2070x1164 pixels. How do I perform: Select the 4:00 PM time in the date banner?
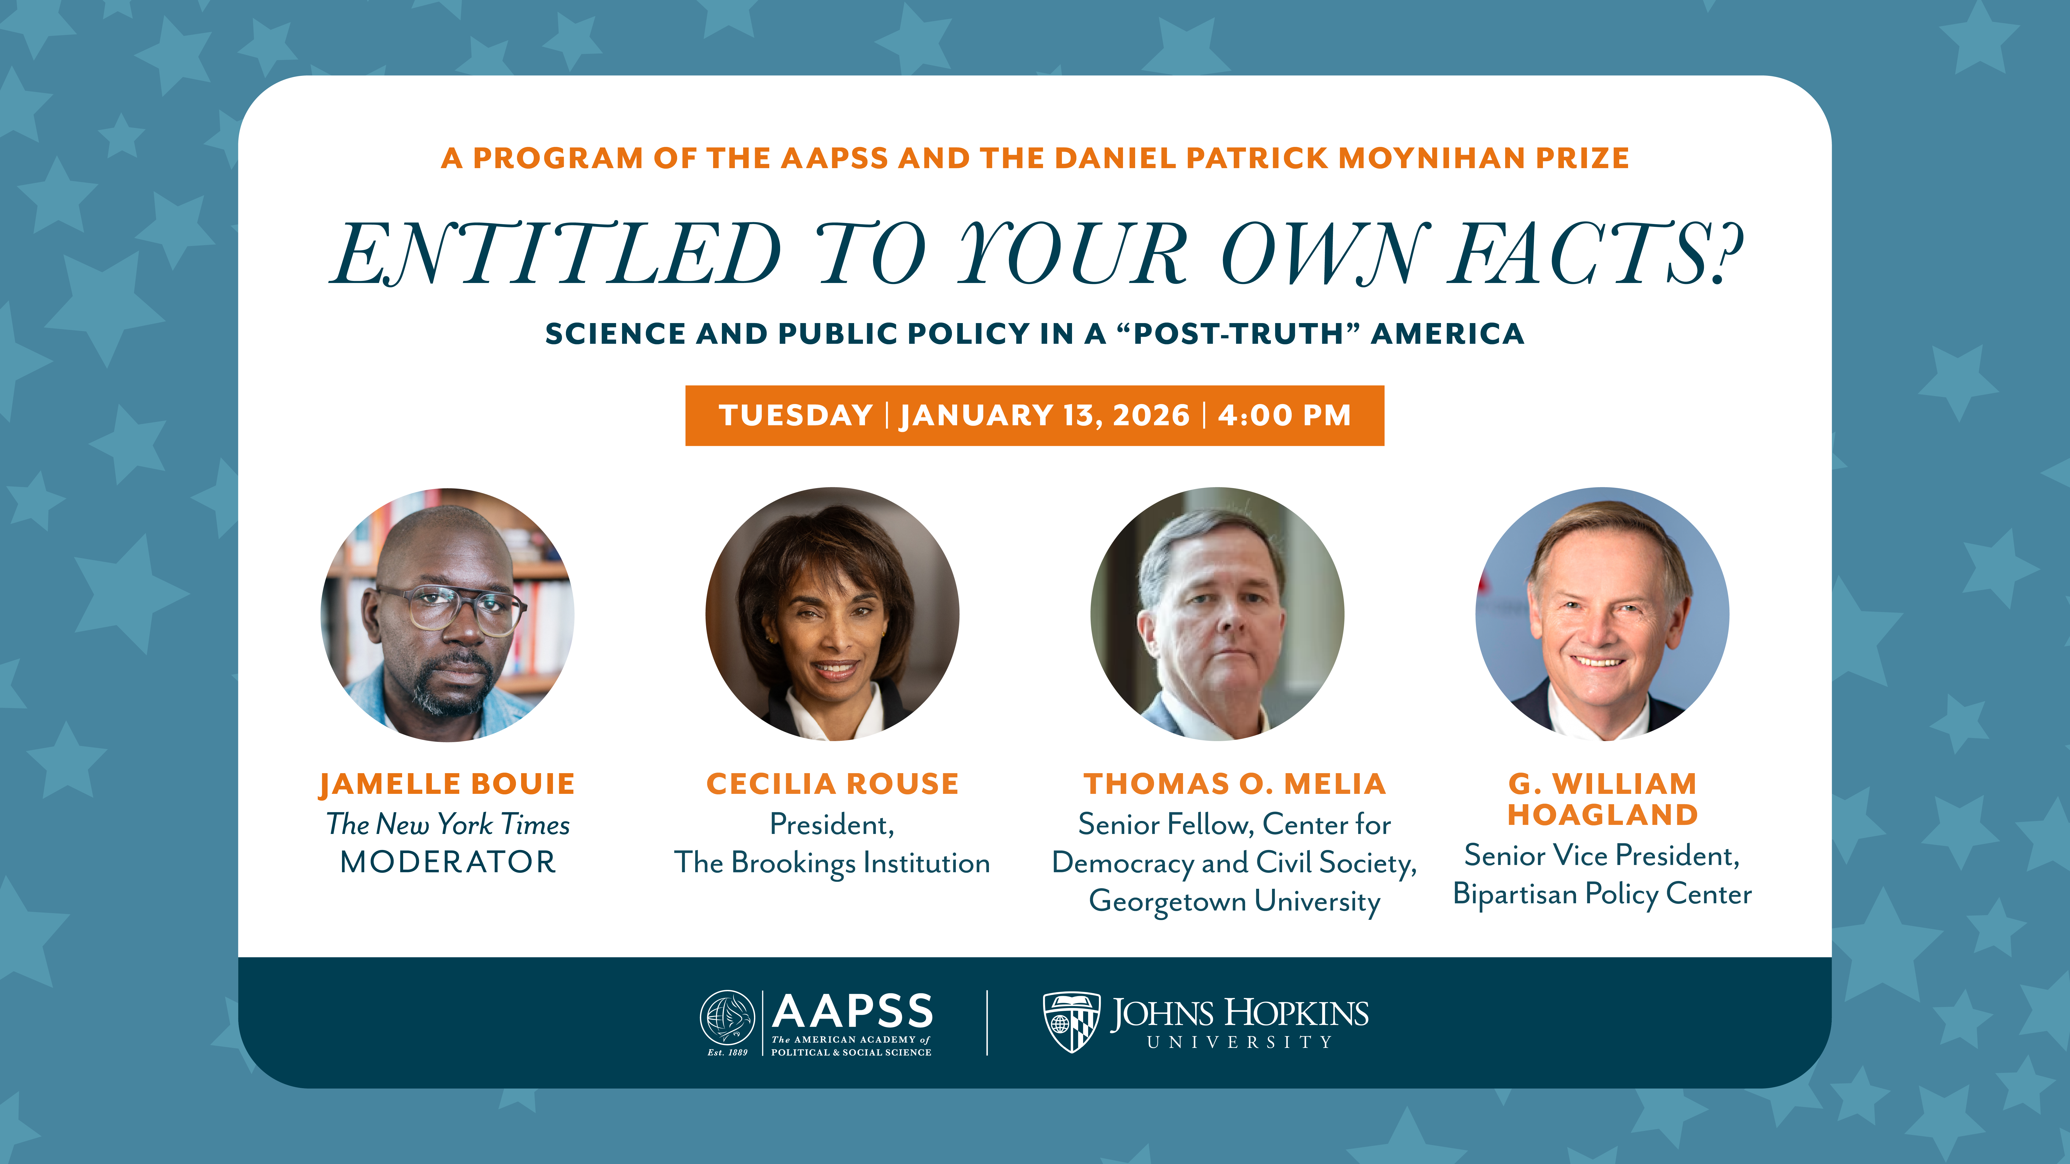tap(1284, 415)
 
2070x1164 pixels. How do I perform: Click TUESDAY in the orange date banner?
tap(796, 415)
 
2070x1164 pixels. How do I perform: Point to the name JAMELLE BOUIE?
tap(448, 784)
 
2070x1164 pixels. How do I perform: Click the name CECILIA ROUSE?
tap(832, 784)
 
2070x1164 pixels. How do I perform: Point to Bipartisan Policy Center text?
tap(1602, 894)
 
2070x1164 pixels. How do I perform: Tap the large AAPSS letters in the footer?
tap(853, 1011)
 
